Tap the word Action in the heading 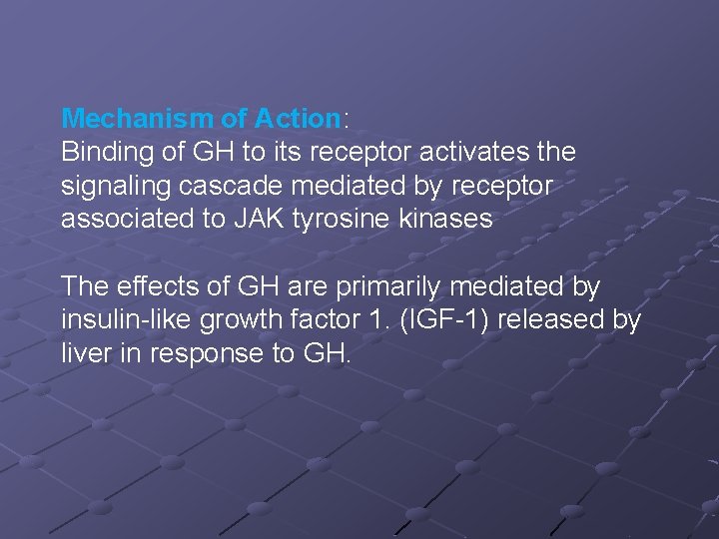298,119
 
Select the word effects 153,287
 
